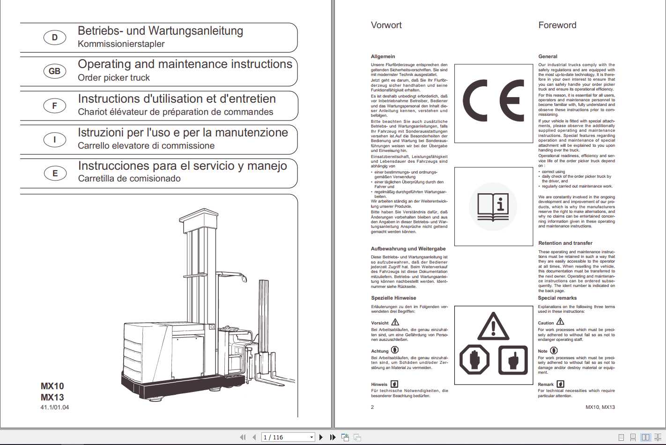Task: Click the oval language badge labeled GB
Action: click(x=54, y=71)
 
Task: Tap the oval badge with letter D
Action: click(x=54, y=38)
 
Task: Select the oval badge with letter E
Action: click(x=54, y=173)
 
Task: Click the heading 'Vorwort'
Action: click(x=386, y=25)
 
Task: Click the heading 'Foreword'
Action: click(x=557, y=25)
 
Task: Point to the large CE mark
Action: click(x=493, y=101)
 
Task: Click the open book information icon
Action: click(x=493, y=207)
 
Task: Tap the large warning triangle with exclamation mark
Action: click(x=493, y=326)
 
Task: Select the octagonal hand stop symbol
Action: click(x=474, y=360)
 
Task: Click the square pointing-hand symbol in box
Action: click(x=512, y=360)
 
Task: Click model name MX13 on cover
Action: click(x=52, y=397)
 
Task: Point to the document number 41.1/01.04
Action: click(x=54, y=407)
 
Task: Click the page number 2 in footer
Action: click(x=372, y=407)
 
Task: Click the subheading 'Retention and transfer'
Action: click(x=565, y=243)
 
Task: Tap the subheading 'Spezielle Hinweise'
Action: click(x=393, y=298)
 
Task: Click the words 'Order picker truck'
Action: click(x=114, y=78)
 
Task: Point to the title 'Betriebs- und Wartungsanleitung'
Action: click(x=160, y=31)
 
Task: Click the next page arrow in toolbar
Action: click(x=321, y=437)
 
